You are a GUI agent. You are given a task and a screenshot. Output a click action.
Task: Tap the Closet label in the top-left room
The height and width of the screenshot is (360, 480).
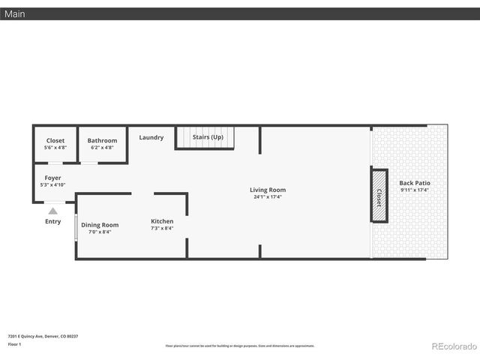pos(55,140)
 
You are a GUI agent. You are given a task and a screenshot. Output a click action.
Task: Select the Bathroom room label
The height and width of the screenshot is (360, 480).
pos(102,140)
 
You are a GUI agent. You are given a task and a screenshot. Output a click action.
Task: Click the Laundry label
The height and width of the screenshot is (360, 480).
pos(151,137)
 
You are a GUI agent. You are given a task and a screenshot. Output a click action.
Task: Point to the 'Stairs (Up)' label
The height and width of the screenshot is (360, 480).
pos(208,137)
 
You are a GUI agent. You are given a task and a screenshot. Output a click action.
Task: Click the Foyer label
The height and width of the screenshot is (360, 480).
pos(52,178)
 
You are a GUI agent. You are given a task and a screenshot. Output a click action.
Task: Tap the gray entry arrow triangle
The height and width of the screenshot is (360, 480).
pos(52,211)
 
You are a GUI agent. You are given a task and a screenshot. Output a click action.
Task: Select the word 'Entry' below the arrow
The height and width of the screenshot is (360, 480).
pos(52,221)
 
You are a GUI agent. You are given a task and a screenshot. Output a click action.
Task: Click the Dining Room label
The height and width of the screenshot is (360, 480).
pos(100,224)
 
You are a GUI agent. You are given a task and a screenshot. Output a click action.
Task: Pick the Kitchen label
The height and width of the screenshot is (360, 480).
pos(162,221)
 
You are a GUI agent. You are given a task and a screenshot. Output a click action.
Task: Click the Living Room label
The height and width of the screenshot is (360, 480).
pos(268,190)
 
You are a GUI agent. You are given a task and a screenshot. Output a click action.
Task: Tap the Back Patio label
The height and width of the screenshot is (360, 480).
pos(415,183)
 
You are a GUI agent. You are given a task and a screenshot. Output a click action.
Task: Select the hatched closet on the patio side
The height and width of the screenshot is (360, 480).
pos(379,196)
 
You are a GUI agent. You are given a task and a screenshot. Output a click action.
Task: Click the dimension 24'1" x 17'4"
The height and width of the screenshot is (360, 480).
pos(268,197)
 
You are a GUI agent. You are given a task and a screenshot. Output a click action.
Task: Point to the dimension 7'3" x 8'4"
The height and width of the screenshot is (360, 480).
pos(162,229)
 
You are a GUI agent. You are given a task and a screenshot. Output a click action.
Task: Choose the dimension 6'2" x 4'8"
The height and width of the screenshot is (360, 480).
pos(102,148)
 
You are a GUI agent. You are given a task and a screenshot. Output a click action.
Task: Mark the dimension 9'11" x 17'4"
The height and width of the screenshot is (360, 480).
pos(415,190)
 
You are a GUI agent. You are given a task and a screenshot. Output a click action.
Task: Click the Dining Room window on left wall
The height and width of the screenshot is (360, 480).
pos(76,228)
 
